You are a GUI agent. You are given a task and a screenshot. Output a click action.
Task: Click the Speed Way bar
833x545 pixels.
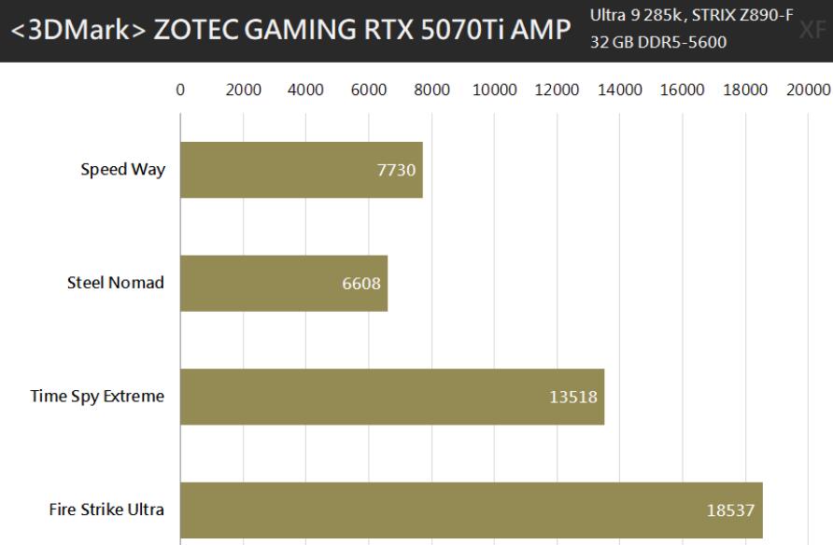point(301,170)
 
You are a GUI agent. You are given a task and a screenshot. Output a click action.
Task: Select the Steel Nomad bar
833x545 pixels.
point(283,284)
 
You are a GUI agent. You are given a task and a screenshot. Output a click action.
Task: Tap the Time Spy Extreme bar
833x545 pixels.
point(392,397)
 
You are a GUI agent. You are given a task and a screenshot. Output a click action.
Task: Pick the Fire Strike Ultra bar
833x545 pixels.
point(471,510)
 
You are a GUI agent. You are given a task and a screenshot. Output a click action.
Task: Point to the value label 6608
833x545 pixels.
point(361,284)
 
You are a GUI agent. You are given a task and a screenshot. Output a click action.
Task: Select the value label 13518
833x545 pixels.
point(573,397)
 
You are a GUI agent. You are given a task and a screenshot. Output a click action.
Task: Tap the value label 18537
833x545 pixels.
point(731,510)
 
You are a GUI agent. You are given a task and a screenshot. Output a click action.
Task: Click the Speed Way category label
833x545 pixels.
point(122,170)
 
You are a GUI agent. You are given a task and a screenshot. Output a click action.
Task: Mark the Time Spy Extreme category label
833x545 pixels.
point(97,397)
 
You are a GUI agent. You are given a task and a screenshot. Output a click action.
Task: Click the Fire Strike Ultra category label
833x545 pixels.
point(106,510)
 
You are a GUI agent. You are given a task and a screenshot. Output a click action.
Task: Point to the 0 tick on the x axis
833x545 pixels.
point(180,90)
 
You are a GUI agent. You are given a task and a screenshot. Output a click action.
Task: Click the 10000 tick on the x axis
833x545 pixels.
point(494,90)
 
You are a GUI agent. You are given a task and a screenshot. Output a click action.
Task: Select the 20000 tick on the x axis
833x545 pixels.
point(807,90)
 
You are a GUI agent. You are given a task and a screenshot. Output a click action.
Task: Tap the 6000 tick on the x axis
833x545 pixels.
point(369,90)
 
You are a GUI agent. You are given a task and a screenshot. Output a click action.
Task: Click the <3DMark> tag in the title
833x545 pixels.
point(78,30)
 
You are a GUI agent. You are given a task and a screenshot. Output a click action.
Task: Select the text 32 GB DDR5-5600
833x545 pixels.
point(657,43)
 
